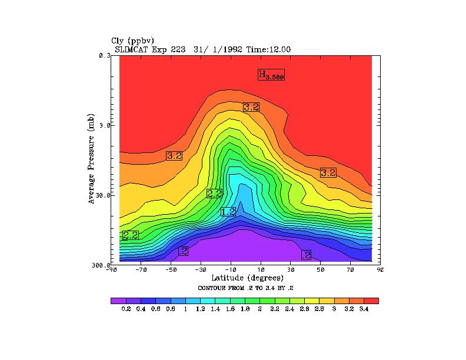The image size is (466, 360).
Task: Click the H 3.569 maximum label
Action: (271, 75)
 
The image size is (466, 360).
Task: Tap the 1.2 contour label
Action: (228, 212)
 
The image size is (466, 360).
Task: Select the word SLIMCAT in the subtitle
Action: (132, 49)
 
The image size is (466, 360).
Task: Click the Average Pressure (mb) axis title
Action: (91, 159)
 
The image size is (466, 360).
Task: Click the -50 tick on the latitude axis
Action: (171, 271)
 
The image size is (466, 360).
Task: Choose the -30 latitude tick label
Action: (201, 271)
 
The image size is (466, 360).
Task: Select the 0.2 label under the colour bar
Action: (125, 309)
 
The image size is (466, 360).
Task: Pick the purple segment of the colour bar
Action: (118, 301)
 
